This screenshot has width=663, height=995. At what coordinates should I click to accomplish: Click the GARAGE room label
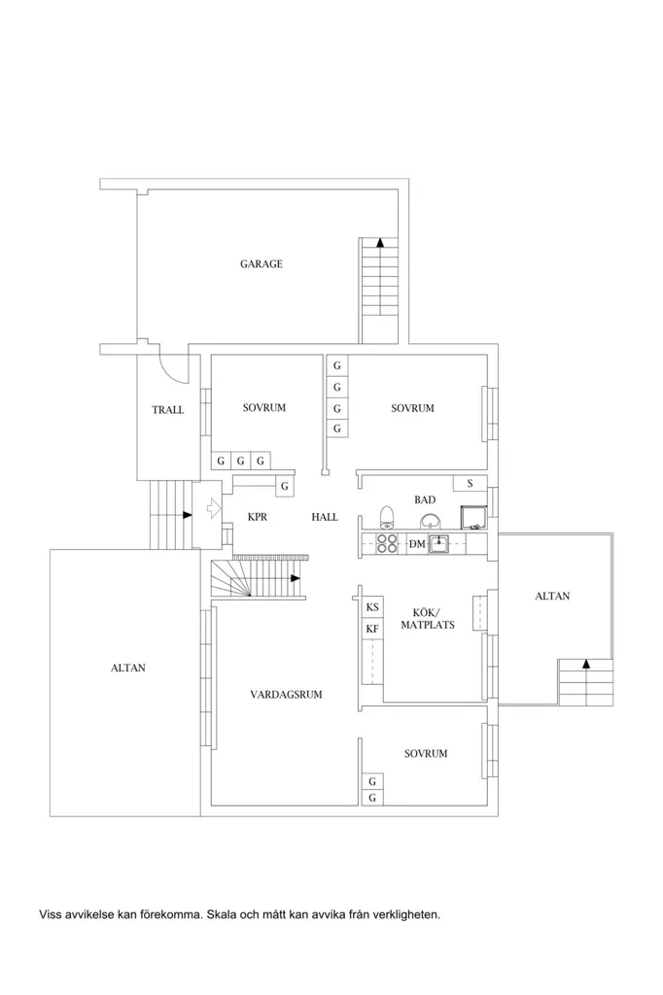pos(261,264)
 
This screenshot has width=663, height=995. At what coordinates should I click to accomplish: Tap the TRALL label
pos(167,410)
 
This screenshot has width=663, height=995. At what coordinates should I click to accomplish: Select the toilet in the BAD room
pos(387,517)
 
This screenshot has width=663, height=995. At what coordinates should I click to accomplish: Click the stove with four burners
pos(387,544)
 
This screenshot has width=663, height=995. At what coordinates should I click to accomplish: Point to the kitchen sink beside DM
pos(438,544)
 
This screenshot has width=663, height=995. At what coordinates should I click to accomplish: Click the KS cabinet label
pos(372,607)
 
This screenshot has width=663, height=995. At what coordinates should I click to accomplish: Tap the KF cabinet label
pos(372,629)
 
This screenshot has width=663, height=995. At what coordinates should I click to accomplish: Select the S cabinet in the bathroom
pos(470,483)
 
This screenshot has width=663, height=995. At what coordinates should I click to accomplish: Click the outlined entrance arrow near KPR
pos(214,507)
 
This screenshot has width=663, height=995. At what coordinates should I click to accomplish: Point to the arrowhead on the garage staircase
pos(380,242)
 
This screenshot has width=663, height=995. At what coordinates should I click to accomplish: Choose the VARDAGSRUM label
pos(286,694)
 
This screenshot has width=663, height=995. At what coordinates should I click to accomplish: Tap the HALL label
pos(325,517)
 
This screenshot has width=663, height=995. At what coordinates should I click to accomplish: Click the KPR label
pos(258,517)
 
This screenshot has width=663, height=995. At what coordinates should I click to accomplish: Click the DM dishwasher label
pos(417,544)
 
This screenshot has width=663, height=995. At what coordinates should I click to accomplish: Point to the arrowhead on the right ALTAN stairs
pos(586,664)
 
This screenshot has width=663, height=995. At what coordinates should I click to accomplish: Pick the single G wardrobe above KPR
pos(285,487)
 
